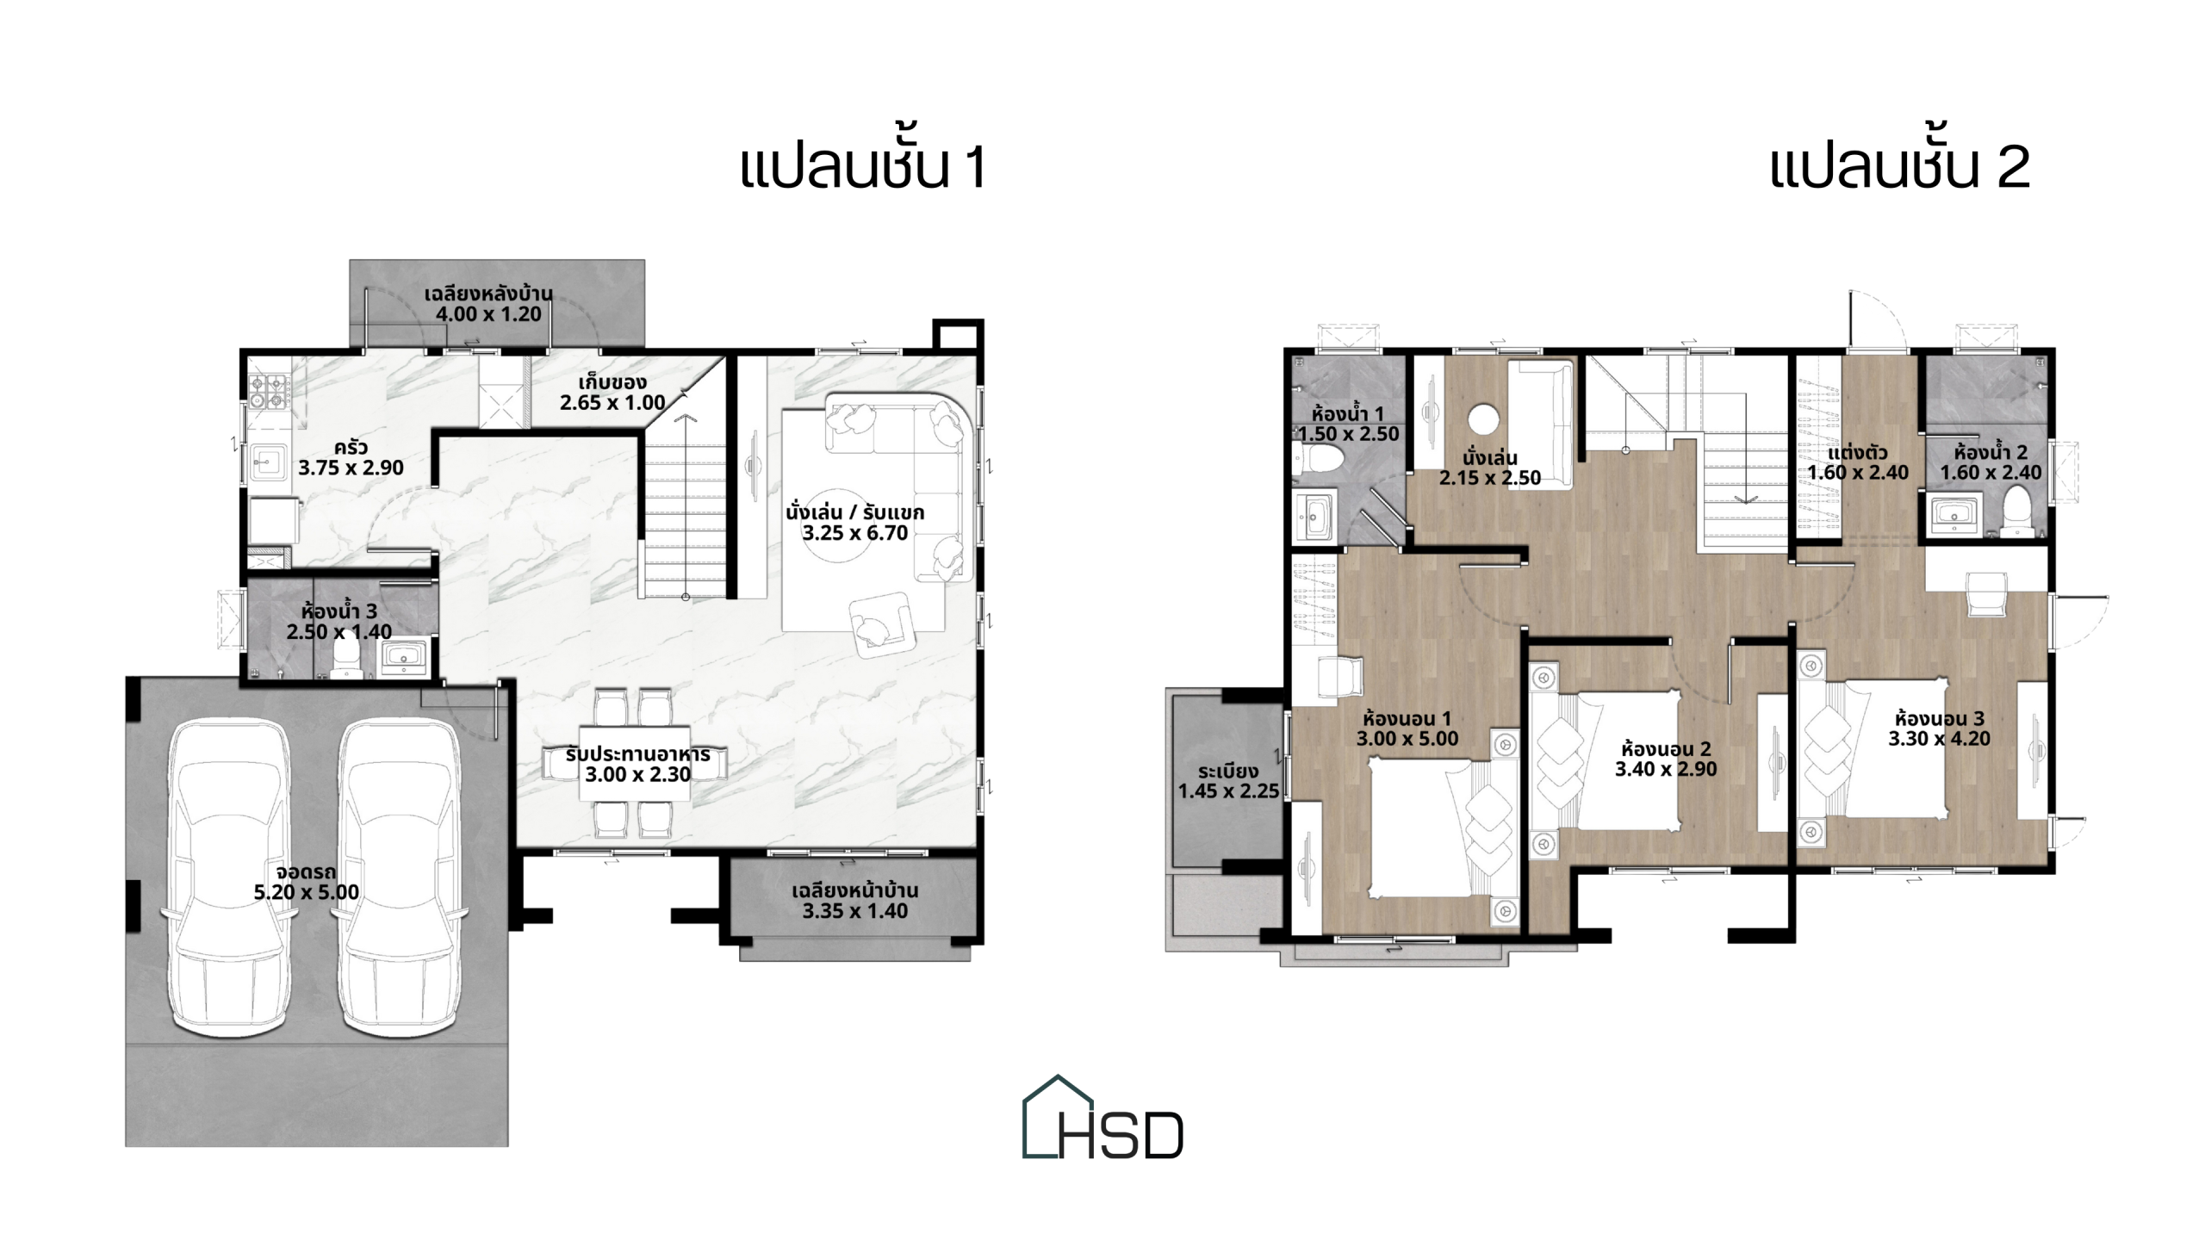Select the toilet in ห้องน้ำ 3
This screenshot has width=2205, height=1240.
tap(345, 659)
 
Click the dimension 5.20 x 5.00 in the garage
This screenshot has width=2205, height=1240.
tap(306, 892)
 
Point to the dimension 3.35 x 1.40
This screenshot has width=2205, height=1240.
tap(854, 911)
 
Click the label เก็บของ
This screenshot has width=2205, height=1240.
tap(612, 381)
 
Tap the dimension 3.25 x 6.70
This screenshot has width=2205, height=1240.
tap(854, 533)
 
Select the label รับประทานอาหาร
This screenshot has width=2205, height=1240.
tap(637, 754)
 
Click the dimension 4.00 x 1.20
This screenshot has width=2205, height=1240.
tap(488, 314)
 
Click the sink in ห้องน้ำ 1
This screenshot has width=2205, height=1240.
tap(1314, 514)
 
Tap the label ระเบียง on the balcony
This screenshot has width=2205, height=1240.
tap(1227, 771)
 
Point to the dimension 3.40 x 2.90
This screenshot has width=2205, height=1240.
tap(1665, 769)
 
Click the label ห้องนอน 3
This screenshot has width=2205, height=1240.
tap(1939, 717)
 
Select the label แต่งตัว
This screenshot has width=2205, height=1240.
tap(1858, 452)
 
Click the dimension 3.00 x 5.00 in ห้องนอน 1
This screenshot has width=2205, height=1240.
tap(1407, 739)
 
